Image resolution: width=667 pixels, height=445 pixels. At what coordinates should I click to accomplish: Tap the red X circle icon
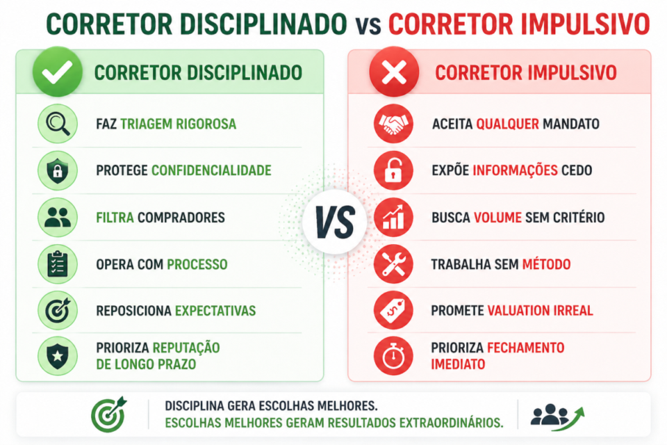coord(393,72)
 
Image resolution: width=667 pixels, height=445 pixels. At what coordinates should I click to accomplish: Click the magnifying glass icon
coord(57,124)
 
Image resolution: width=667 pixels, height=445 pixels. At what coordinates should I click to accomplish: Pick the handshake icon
coord(393,124)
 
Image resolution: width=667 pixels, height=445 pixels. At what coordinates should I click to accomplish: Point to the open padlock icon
coord(393,170)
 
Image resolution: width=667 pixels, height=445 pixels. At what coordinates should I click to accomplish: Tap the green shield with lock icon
coord(57,170)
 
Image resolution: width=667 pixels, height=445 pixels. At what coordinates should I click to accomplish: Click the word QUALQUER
coord(507,124)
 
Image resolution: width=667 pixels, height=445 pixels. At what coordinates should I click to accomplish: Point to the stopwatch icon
coord(393,355)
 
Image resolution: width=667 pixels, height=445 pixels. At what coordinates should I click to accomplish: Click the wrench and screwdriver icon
coord(393,264)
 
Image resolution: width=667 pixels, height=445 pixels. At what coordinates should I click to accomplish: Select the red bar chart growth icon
coord(393,218)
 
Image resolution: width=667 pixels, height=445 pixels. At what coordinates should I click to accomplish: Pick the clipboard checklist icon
coord(57,264)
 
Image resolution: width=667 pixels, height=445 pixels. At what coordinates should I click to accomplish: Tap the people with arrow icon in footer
coord(557,414)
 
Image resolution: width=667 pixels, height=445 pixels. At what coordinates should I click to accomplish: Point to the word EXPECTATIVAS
coord(215,311)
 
